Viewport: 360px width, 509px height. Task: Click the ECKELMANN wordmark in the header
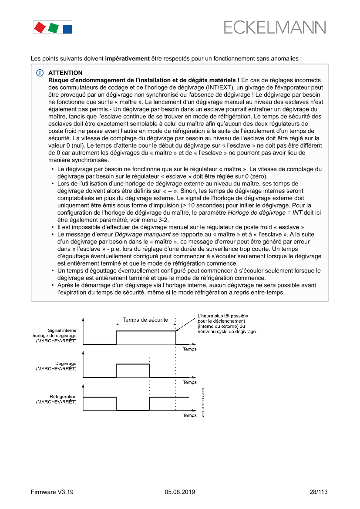click(x=275, y=27)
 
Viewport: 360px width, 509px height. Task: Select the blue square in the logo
click(x=67, y=29)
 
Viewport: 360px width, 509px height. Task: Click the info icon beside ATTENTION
click(x=40, y=73)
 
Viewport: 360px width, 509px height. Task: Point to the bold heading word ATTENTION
click(x=65, y=73)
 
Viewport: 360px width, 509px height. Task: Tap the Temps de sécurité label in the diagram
click(x=145, y=320)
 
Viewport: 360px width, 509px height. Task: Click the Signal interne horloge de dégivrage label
click(x=54, y=335)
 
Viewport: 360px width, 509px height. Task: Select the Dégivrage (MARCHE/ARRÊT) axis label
click(x=56, y=366)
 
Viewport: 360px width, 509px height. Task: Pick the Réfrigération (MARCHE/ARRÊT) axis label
click(x=56, y=399)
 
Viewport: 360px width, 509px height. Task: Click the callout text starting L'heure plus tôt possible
click(x=227, y=324)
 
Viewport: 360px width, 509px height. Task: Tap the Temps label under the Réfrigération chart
click(x=189, y=415)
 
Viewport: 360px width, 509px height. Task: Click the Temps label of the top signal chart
click(x=189, y=349)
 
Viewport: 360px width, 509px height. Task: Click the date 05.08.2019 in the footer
click(x=180, y=492)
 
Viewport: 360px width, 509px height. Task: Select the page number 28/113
click(x=315, y=492)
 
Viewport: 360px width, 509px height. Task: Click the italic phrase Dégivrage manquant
click(x=139, y=234)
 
